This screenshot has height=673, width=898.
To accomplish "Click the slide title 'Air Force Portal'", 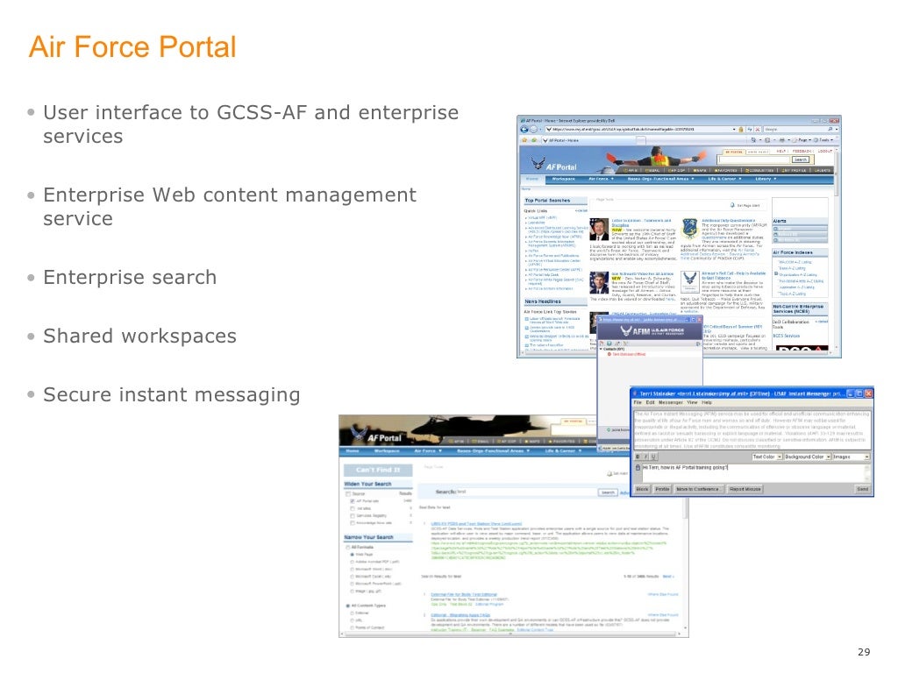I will pyautogui.click(x=132, y=46).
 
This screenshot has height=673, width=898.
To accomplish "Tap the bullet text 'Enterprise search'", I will pyautogui.click(x=130, y=278).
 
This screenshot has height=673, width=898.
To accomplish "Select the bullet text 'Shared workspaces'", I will pyautogui.click(x=139, y=336).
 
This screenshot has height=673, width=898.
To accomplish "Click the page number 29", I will pyautogui.click(x=865, y=652).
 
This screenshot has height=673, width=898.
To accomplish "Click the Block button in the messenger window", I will pyautogui.click(x=642, y=489).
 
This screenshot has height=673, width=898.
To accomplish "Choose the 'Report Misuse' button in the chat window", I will pyautogui.click(x=747, y=489).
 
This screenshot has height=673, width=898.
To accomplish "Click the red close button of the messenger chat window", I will pyautogui.click(x=867, y=394).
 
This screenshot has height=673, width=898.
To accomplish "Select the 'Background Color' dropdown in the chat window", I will pyautogui.click(x=807, y=457).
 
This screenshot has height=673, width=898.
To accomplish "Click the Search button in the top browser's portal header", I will pyautogui.click(x=801, y=160).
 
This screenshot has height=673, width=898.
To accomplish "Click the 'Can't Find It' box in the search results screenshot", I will pyautogui.click(x=378, y=470).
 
